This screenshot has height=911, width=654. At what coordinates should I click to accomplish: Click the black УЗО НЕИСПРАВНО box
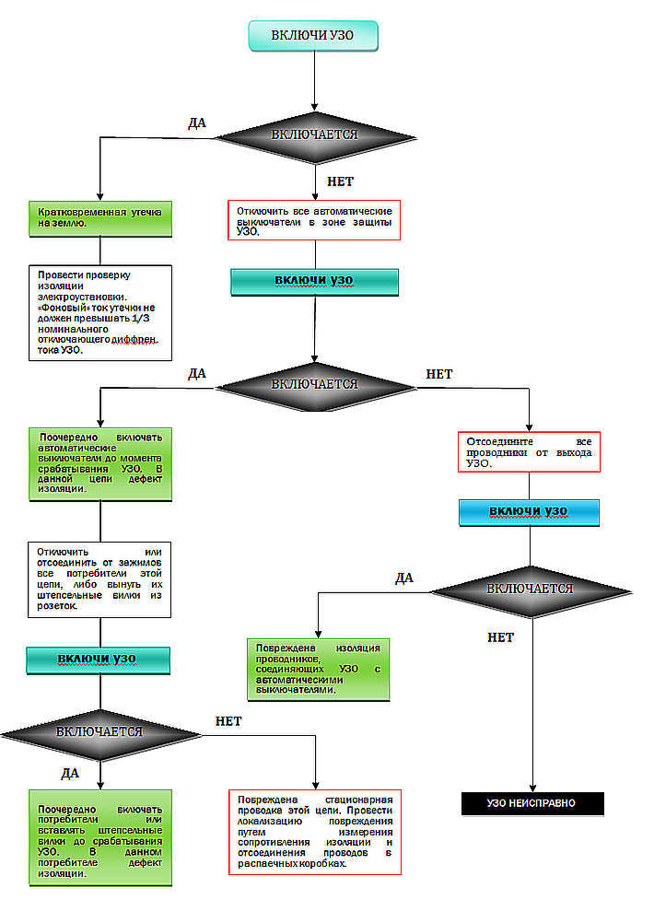coord(532,803)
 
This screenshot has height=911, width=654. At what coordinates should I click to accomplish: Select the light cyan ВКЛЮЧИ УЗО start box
coord(313,36)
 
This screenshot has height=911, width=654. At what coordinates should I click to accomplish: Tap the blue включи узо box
coord(529,512)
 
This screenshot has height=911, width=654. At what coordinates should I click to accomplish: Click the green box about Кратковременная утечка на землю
coord(100,218)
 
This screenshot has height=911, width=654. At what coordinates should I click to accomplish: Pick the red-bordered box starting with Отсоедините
coord(529,452)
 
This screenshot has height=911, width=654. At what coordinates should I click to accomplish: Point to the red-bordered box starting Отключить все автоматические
coord(314,220)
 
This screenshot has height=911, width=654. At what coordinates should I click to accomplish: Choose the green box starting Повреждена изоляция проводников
coord(319,670)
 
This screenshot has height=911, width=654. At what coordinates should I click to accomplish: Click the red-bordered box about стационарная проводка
coord(315,832)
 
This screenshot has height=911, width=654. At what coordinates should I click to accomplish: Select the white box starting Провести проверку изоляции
coord(100,312)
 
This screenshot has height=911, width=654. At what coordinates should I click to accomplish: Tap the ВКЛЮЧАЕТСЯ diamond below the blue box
coord(531,590)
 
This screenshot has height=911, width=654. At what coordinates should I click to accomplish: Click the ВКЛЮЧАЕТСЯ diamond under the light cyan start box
coord(315,136)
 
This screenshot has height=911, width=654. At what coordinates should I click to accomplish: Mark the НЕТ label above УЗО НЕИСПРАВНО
coord(501,637)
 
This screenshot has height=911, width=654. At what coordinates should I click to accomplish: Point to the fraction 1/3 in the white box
coord(141,319)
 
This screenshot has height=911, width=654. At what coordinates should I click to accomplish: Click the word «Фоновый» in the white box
coord(64,308)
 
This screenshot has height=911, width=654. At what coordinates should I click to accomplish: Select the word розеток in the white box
coord(57,606)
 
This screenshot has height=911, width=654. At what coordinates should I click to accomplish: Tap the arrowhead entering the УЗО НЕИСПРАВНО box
coord(532,788)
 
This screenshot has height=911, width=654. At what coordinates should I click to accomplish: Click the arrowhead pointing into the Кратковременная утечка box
coord(99,197)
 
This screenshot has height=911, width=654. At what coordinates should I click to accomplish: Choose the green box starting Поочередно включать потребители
coord(100,837)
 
